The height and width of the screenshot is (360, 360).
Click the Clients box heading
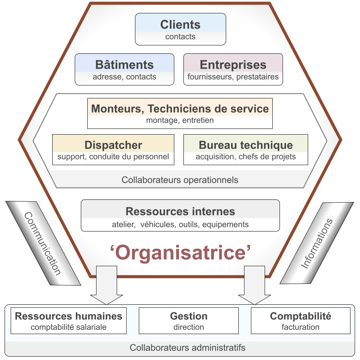pyautogui.click(x=180, y=25)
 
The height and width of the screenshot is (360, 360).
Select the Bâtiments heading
pyautogui.click(x=124, y=65)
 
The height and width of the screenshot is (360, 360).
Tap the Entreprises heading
pyautogui.click(x=233, y=65)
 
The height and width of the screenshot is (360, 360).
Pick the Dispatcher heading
pyautogui.click(x=113, y=145)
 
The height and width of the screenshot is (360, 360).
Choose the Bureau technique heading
pyautogui.click(x=246, y=145)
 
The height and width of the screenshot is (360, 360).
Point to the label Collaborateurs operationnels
pyautogui.click(x=180, y=180)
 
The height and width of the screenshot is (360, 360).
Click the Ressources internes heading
pyautogui.click(x=180, y=211)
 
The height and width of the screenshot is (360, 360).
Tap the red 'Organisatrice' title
pyautogui.click(x=180, y=252)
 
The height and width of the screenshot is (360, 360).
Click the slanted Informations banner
pyautogui.click(x=317, y=244)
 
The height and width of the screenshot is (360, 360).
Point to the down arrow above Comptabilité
pyautogui.click(x=254, y=286)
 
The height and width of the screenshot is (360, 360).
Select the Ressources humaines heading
pyautogui.click(x=69, y=316)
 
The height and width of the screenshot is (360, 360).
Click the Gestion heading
pyautogui.click(x=189, y=316)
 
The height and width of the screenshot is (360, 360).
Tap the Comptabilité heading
pyautogui.click(x=301, y=316)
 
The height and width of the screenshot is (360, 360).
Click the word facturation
pyautogui.click(x=301, y=327)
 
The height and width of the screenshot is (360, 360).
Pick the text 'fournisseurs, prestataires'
pyautogui.click(x=233, y=77)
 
